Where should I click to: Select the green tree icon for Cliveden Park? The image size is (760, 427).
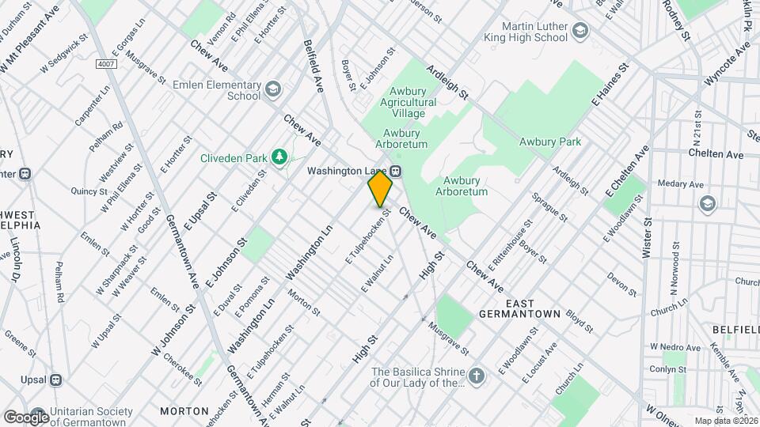pyautogui.click(x=279, y=158)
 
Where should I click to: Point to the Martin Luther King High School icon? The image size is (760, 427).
pyautogui.click(x=580, y=32)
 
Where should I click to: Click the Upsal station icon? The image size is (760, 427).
pyautogui.click(x=55, y=380)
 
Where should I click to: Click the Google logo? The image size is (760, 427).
pyautogui.click(x=26, y=416)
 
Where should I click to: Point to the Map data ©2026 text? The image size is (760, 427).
pyautogui.click(x=724, y=421)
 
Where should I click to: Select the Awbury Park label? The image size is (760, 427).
pyautogui.click(x=550, y=142)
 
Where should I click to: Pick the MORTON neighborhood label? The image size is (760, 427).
pyautogui.click(x=184, y=411)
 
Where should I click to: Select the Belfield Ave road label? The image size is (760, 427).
pyautogui.click(x=314, y=67)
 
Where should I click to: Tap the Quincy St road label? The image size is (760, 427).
pyautogui.click(x=89, y=191)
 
